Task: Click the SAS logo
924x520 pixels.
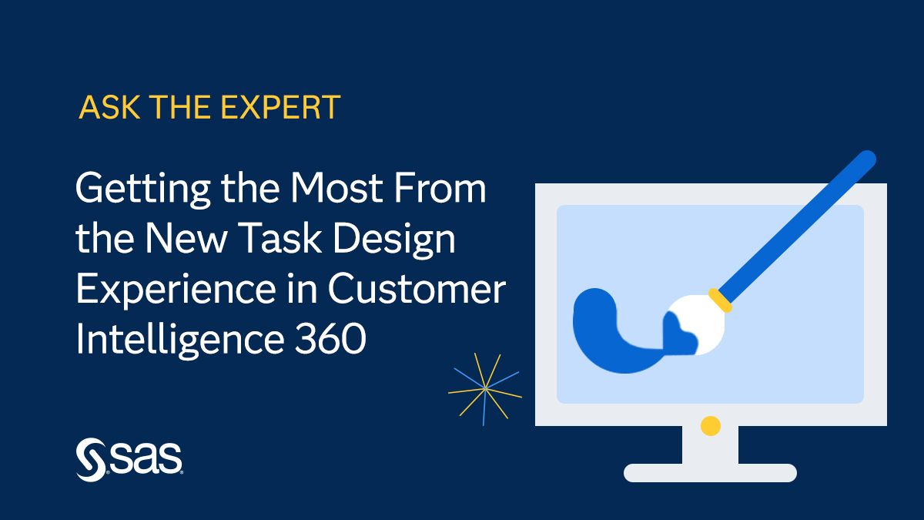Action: (x=129, y=459)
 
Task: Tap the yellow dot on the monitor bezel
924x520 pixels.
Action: (x=710, y=424)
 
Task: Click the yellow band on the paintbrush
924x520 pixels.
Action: (x=720, y=300)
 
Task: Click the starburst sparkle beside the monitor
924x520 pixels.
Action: (x=484, y=389)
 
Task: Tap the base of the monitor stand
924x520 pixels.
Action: (x=709, y=472)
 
